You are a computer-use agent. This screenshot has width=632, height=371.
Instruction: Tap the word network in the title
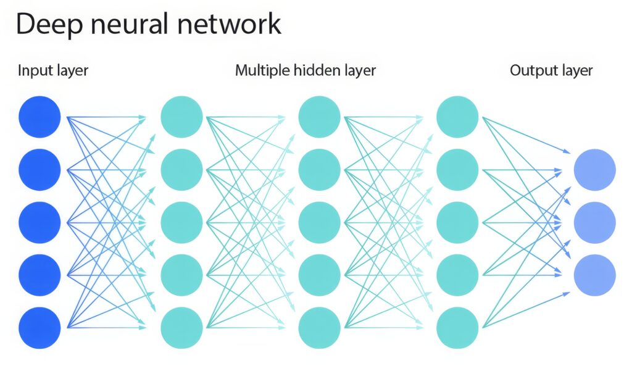(x=229, y=23)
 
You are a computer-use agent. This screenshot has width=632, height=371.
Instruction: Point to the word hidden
(x=317, y=70)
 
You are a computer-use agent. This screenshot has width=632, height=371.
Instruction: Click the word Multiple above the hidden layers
(x=262, y=71)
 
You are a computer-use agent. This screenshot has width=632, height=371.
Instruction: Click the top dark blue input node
(x=39, y=117)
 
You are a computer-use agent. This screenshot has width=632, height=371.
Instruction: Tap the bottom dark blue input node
(x=39, y=328)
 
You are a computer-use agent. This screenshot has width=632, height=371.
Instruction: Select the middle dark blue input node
(x=39, y=223)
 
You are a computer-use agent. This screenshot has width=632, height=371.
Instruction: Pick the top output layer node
(x=594, y=170)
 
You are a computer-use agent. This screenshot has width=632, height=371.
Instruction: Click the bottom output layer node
(x=594, y=275)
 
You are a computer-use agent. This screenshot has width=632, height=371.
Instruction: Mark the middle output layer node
(x=594, y=223)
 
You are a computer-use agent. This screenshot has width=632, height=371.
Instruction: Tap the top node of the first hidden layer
(x=181, y=117)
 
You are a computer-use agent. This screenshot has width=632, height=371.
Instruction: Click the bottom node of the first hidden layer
(x=181, y=328)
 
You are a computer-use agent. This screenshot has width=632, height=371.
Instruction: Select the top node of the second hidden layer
(x=319, y=117)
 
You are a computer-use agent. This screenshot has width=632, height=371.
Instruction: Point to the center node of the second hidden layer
(x=319, y=223)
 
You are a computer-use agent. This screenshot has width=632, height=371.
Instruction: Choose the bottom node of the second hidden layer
(x=319, y=328)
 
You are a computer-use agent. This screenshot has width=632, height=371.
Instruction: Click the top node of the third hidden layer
(x=457, y=117)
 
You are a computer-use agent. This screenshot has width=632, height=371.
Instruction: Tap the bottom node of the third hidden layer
(x=457, y=328)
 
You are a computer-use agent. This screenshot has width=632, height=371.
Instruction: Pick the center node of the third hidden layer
(x=457, y=223)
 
